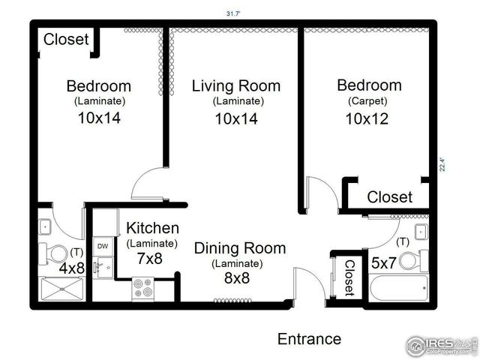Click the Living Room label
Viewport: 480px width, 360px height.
click(235, 85)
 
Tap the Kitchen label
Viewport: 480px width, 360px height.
click(152, 228)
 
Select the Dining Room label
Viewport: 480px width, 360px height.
click(239, 248)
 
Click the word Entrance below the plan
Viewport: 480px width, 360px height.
click(309, 339)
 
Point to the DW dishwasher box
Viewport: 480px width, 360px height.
click(102, 246)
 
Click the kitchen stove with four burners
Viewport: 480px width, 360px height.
click(142, 288)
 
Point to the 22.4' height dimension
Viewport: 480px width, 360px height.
click(443, 163)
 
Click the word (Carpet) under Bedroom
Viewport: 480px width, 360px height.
click(367, 100)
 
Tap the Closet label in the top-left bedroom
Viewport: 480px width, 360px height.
click(66, 40)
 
